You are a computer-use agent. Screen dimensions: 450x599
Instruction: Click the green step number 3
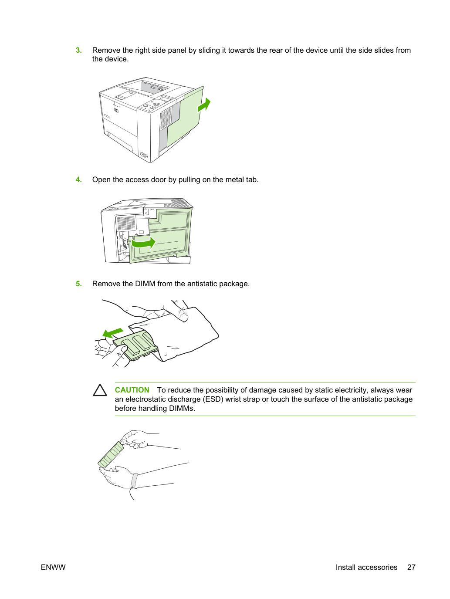pos(78,50)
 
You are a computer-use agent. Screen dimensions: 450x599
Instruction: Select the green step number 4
pos(78,179)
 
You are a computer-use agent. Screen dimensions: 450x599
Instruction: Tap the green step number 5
pos(78,284)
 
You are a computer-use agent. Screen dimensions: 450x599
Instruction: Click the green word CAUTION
pos(132,390)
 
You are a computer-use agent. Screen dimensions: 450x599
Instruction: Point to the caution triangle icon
pos(100,390)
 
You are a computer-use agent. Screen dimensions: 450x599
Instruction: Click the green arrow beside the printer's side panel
pos(204,105)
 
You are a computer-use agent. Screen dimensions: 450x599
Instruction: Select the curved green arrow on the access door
pos(143,243)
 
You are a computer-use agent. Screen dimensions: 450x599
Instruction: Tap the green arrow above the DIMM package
pos(113,333)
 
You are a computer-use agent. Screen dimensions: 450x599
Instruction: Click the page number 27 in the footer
pos(411,567)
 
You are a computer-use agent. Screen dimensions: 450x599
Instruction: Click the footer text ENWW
pos(53,567)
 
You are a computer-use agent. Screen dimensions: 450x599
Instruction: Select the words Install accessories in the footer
pos(366,567)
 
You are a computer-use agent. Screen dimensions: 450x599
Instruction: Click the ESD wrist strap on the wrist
pos(134,481)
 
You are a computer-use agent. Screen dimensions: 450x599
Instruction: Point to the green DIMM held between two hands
pos(111,455)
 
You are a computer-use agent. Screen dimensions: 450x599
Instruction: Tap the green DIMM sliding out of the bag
pos(135,345)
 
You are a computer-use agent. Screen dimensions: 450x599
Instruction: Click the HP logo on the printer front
pos(116,110)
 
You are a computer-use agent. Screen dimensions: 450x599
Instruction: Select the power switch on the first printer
pos(144,156)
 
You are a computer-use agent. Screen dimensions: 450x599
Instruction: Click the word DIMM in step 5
pos(145,284)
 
